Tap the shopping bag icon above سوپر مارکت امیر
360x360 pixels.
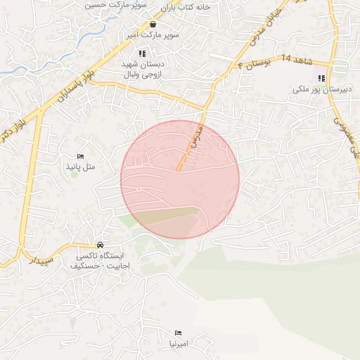pos(153,24)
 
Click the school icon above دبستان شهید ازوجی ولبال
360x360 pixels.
pos(142,53)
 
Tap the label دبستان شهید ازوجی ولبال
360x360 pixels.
pos(144,67)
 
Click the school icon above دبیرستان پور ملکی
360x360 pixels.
pos(321,78)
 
